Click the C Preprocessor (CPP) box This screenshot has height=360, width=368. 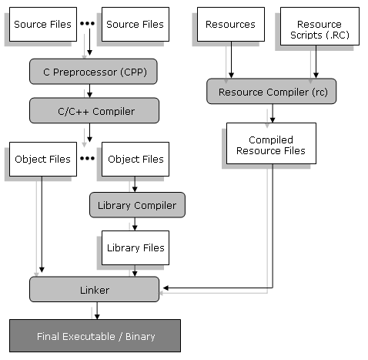click(x=93, y=72)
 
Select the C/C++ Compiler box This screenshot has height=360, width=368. click(x=94, y=110)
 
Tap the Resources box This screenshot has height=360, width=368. click(x=231, y=24)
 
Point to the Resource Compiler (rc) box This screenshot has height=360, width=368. click(x=271, y=91)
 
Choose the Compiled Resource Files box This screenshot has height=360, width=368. click(x=271, y=143)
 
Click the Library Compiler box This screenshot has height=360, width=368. click(x=137, y=205)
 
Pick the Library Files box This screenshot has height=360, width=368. click(x=135, y=247)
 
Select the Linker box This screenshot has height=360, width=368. click(x=94, y=289)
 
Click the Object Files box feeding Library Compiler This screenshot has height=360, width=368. click(x=135, y=159)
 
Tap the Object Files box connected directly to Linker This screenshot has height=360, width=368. click(x=43, y=159)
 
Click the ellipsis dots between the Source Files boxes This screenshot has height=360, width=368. click(x=87, y=23)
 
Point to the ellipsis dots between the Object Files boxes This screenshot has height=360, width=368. click(x=87, y=158)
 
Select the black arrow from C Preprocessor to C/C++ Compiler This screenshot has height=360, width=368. click(x=89, y=91)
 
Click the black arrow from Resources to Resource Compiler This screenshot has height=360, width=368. click(x=231, y=60)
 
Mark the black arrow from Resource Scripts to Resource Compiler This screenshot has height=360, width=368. click(x=316, y=62)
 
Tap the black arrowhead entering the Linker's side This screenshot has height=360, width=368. click(x=166, y=288)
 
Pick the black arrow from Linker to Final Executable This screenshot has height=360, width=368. click(x=97, y=311)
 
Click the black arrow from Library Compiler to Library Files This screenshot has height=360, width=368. click(x=135, y=224)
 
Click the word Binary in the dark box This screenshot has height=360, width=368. click(x=140, y=337)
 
